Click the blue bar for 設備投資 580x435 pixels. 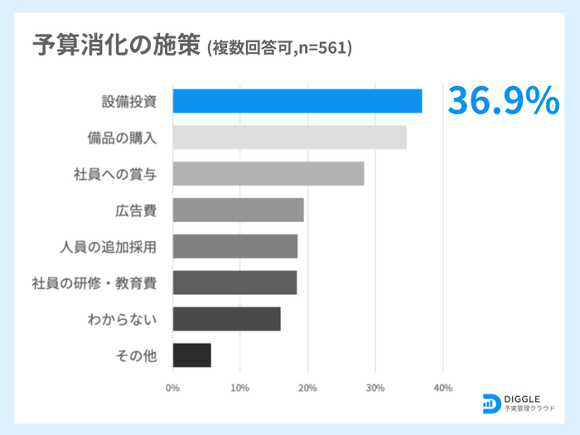tap(297, 101)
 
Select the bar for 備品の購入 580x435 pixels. tap(289, 138)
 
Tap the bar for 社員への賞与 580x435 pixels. tap(268, 174)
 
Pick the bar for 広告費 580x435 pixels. tap(238, 210)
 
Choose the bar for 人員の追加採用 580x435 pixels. tap(234, 246)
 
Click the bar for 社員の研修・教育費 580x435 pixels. tap(234, 283)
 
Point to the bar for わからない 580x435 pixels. tap(226, 319)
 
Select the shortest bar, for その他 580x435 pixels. tap(191, 355)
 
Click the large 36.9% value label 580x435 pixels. tap(504, 101)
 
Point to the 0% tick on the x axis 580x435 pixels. tap(173, 388)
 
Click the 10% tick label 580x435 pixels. tap(240, 388)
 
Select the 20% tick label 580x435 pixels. tap(307, 388)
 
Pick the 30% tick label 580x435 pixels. tap(375, 388)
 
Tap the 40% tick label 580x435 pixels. tap(442, 388)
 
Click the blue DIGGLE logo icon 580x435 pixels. tap(491, 403)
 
